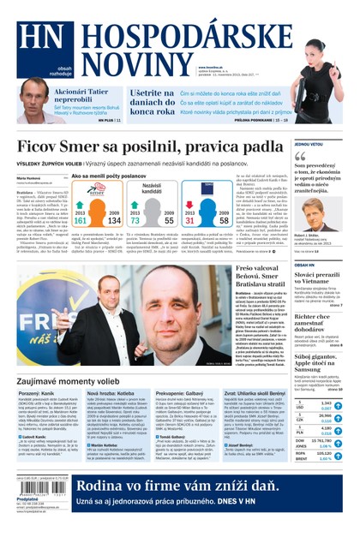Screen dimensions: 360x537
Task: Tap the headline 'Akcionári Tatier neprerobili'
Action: (x=84, y=95)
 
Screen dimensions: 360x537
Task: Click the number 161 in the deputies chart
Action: (x=81, y=220)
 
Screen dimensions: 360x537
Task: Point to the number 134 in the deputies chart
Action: (x=114, y=220)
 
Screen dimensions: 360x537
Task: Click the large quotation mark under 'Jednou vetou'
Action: (x=300, y=157)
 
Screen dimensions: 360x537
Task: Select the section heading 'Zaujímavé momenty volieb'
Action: (x=74, y=379)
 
